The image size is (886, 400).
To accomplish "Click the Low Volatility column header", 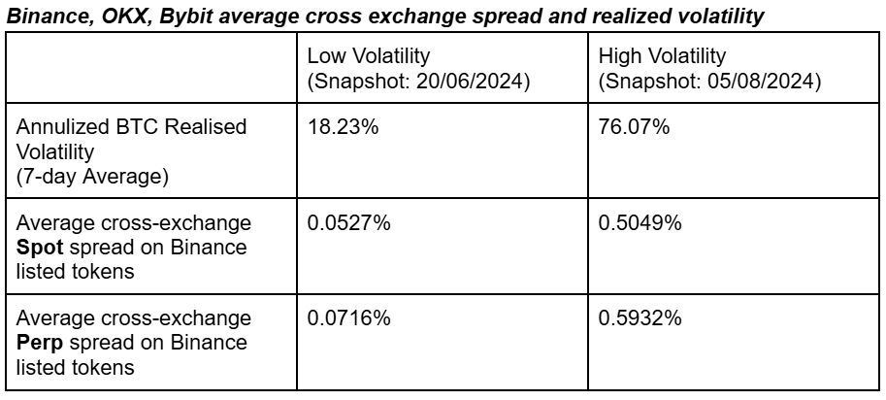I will coord(368,58).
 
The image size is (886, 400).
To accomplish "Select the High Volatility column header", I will coord(663,58).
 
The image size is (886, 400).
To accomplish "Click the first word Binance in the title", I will coord(43,16).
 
